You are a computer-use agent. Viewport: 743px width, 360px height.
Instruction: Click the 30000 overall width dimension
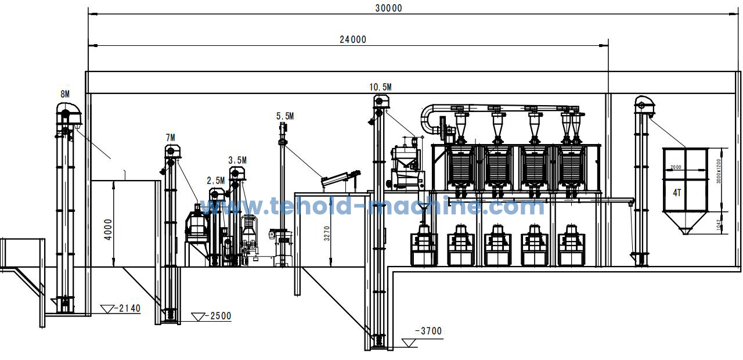click(x=389, y=8)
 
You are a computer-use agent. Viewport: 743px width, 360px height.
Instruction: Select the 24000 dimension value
click(x=353, y=39)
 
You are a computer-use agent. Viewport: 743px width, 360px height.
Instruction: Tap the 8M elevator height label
click(x=65, y=94)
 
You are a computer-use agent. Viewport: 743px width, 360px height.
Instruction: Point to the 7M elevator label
click(x=170, y=138)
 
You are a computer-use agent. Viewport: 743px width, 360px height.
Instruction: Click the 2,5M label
click(x=216, y=181)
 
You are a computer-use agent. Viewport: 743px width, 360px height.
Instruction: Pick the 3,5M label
click(x=237, y=160)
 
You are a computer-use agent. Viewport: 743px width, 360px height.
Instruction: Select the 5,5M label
click(x=284, y=116)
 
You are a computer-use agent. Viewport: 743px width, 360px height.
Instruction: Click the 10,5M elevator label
click(x=380, y=87)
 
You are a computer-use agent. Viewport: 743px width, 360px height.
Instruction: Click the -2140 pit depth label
click(x=128, y=308)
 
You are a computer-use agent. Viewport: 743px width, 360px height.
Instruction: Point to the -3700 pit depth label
click(x=428, y=332)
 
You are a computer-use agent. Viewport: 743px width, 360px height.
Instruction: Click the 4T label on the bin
click(x=677, y=193)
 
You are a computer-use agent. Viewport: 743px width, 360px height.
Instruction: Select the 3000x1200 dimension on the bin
click(x=719, y=171)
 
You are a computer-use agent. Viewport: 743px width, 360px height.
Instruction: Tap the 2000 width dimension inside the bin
click(x=676, y=167)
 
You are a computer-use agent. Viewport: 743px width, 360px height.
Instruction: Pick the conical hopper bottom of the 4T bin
click(x=685, y=224)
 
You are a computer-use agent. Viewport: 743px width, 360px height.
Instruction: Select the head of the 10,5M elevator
click(x=380, y=103)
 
